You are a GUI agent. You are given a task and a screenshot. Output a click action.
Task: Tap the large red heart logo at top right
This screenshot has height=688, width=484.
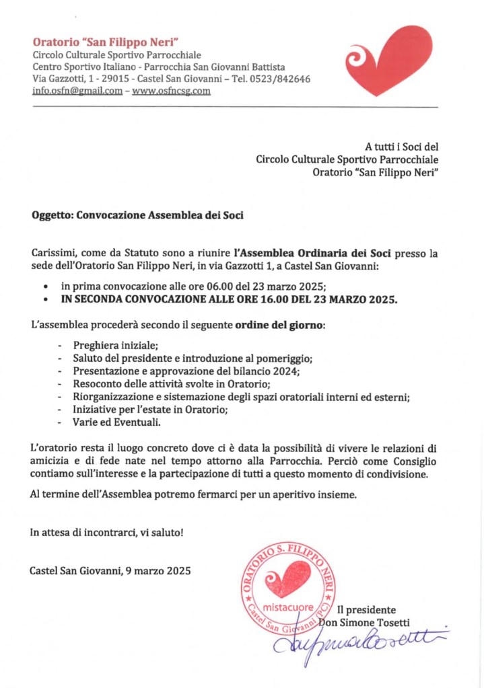(x=389, y=61)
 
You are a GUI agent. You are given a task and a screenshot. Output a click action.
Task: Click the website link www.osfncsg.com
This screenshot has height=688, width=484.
(x=171, y=91)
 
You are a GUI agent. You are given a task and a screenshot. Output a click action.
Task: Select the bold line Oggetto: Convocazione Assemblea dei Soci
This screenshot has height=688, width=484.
(x=137, y=216)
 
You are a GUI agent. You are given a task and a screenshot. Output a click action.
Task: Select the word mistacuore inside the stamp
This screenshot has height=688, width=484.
(x=288, y=608)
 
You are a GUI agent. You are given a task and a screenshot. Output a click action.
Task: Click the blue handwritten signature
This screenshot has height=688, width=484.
(x=357, y=640)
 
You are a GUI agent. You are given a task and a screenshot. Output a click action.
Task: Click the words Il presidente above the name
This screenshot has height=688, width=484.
(x=367, y=610)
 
